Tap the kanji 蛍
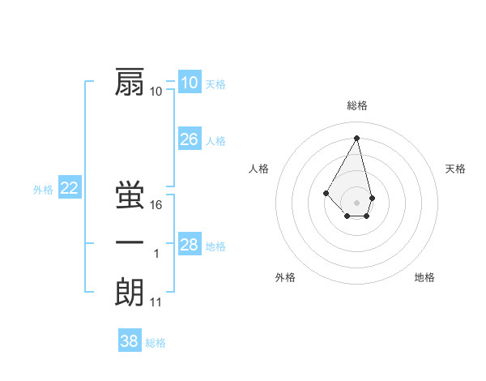pyautogui.click(x=130, y=195)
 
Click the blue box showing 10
pyautogui.click(x=189, y=83)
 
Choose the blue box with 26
pyautogui.click(x=189, y=139)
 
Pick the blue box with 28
pyautogui.click(x=189, y=245)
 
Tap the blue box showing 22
pyautogui.click(x=69, y=188)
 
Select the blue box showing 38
pyautogui.click(x=129, y=341)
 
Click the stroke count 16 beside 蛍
pyautogui.click(x=156, y=205)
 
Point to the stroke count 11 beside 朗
pyautogui.click(x=156, y=302)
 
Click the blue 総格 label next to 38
pyautogui.click(x=156, y=343)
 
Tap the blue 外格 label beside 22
pyautogui.click(x=43, y=190)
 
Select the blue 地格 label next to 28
pyautogui.click(x=215, y=246)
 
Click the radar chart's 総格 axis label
pyautogui.click(x=356, y=105)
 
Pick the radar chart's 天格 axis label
pyautogui.click(x=456, y=169)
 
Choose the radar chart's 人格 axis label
pyautogui.click(x=258, y=169)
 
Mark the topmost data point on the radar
pyautogui.click(x=356, y=137)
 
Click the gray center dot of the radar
pyautogui.click(x=356, y=202)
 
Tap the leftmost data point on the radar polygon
pyautogui.click(x=326, y=192)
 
